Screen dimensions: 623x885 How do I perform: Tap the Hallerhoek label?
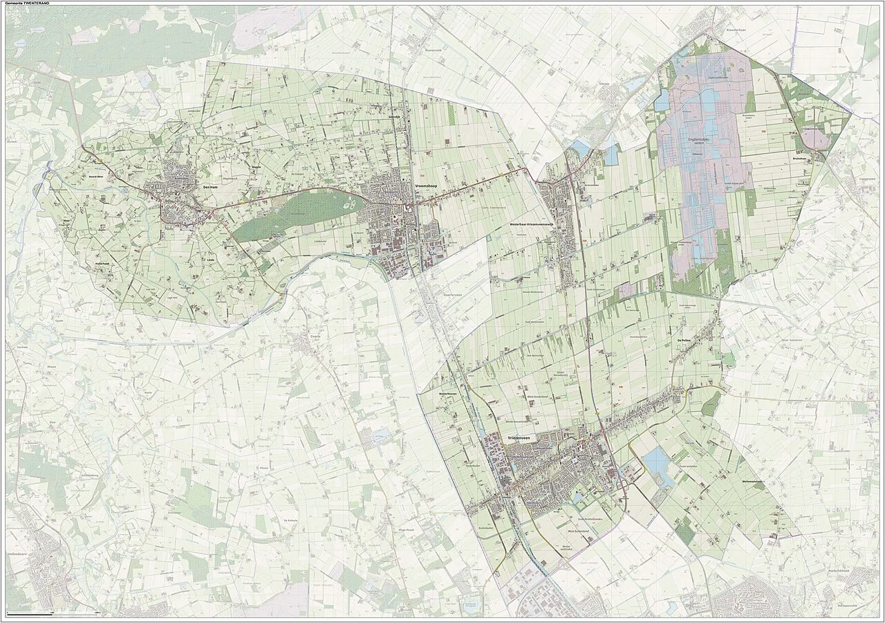[102, 264]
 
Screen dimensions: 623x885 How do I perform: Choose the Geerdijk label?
[395, 118]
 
